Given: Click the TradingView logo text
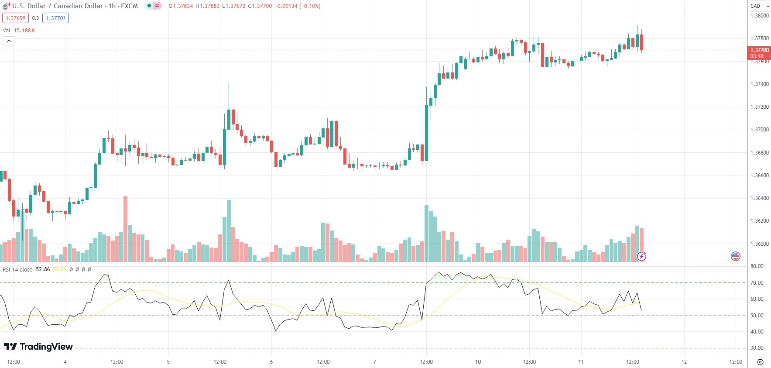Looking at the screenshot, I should click(46, 347).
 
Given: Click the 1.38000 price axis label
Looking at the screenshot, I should click(759, 16).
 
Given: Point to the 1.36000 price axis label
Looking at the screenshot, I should click(759, 244).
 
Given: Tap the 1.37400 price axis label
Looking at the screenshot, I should click(759, 84).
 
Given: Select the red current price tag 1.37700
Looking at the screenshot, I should click(759, 50).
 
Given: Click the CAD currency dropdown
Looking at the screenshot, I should click(759, 6).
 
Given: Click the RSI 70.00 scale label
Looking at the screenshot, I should click(757, 282).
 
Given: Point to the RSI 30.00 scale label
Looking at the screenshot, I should click(757, 348).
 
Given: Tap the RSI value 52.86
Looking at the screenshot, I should click(43, 269).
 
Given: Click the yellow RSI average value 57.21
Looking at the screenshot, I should click(59, 269).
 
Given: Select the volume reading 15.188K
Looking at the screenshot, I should click(24, 31).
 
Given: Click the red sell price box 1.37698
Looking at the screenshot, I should click(15, 18).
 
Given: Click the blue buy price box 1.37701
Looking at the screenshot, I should click(55, 18).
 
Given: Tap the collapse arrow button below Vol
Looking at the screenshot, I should click(9, 41).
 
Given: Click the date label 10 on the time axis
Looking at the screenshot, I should click(478, 361).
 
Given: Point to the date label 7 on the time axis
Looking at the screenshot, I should click(374, 361).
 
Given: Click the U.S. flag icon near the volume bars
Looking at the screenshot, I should click(736, 256).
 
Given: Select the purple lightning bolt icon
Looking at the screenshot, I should click(641, 256).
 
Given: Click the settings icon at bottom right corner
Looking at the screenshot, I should click(760, 362).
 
